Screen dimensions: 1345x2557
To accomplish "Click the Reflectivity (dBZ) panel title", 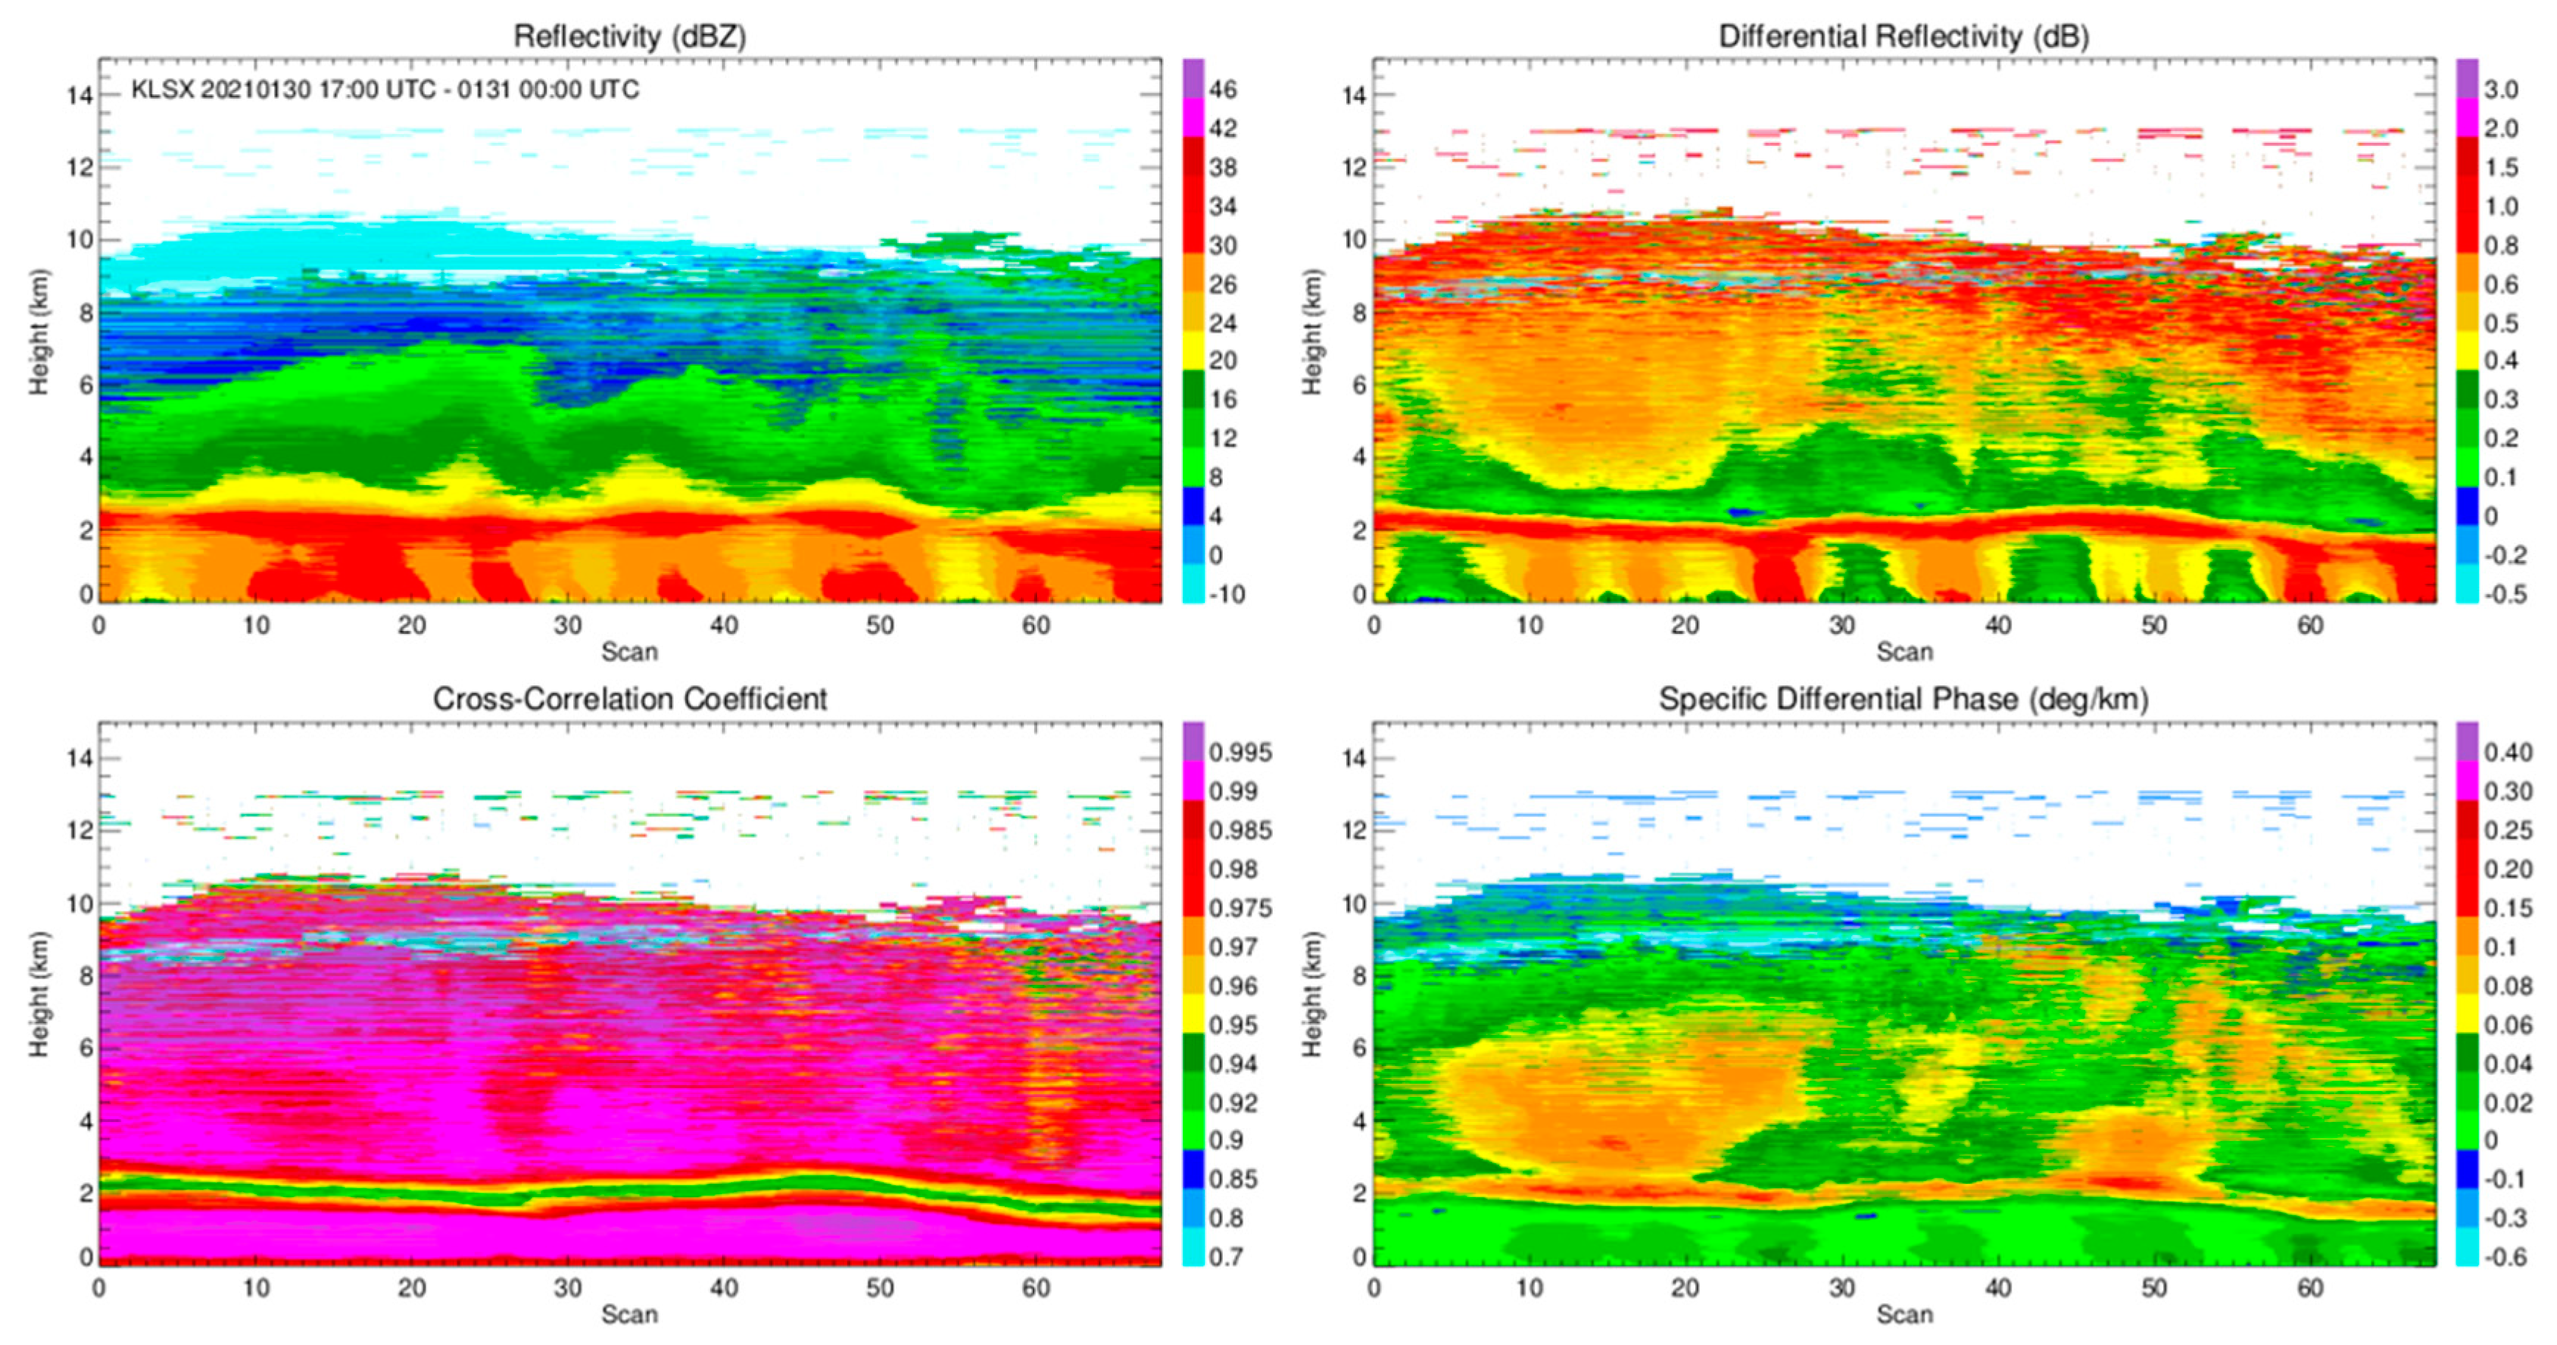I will point(629,37).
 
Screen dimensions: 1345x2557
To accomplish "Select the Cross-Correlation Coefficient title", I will point(629,699).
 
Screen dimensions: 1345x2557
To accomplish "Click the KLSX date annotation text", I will point(385,89).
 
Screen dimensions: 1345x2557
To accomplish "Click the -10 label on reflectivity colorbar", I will point(1227,593).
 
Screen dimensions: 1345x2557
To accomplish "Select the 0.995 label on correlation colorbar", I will point(1239,752).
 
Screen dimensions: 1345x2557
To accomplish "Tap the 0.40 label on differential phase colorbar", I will point(2508,752).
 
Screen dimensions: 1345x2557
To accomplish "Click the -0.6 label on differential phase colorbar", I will point(2505,1257).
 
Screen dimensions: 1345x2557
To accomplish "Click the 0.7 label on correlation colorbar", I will point(1227,1257).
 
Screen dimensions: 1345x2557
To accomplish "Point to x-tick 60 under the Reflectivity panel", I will point(1036,625).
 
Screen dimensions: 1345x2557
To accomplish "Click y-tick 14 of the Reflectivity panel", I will point(79,95).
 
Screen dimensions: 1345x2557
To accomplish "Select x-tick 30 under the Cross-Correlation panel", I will point(567,1288).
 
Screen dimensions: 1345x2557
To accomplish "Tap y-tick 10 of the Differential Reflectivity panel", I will point(1354,240).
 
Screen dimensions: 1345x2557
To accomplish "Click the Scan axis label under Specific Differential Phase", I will point(1904,1314).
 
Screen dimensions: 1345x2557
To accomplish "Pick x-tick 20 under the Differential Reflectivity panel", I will point(1686,625).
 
